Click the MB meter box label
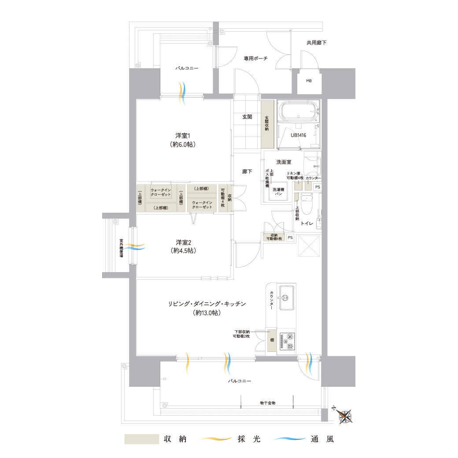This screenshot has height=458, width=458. [x=309, y=81]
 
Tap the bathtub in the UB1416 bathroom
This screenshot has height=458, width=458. [x=299, y=111]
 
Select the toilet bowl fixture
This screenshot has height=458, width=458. [x=307, y=204]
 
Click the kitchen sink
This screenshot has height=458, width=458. [x=286, y=298]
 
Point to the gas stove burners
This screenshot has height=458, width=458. [x=287, y=341]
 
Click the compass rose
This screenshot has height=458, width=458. [x=345, y=416]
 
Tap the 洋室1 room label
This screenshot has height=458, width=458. [x=183, y=140]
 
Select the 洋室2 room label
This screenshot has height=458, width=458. [x=183, y=247]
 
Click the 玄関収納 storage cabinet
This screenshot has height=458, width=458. [x=267, y=124]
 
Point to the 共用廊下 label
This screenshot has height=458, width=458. [x=316, y=43]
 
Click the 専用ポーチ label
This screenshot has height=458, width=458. [x=255, y=59]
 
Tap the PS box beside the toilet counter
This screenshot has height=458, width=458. [x=318, y=187]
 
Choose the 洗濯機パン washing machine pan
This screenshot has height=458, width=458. [x=278, y=192]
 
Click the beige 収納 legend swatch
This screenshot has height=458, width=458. [x=142, y=439]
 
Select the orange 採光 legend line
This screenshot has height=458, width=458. [x=215, y=439]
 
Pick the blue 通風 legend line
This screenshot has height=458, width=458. [x=288, y=439]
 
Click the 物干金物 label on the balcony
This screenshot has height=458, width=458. [x=268, y=403]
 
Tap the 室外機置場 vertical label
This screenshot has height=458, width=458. [x=121, y=248]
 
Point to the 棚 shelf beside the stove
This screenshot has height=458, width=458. [x=272, y=340]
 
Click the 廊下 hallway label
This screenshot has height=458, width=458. [x=247, y=171]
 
